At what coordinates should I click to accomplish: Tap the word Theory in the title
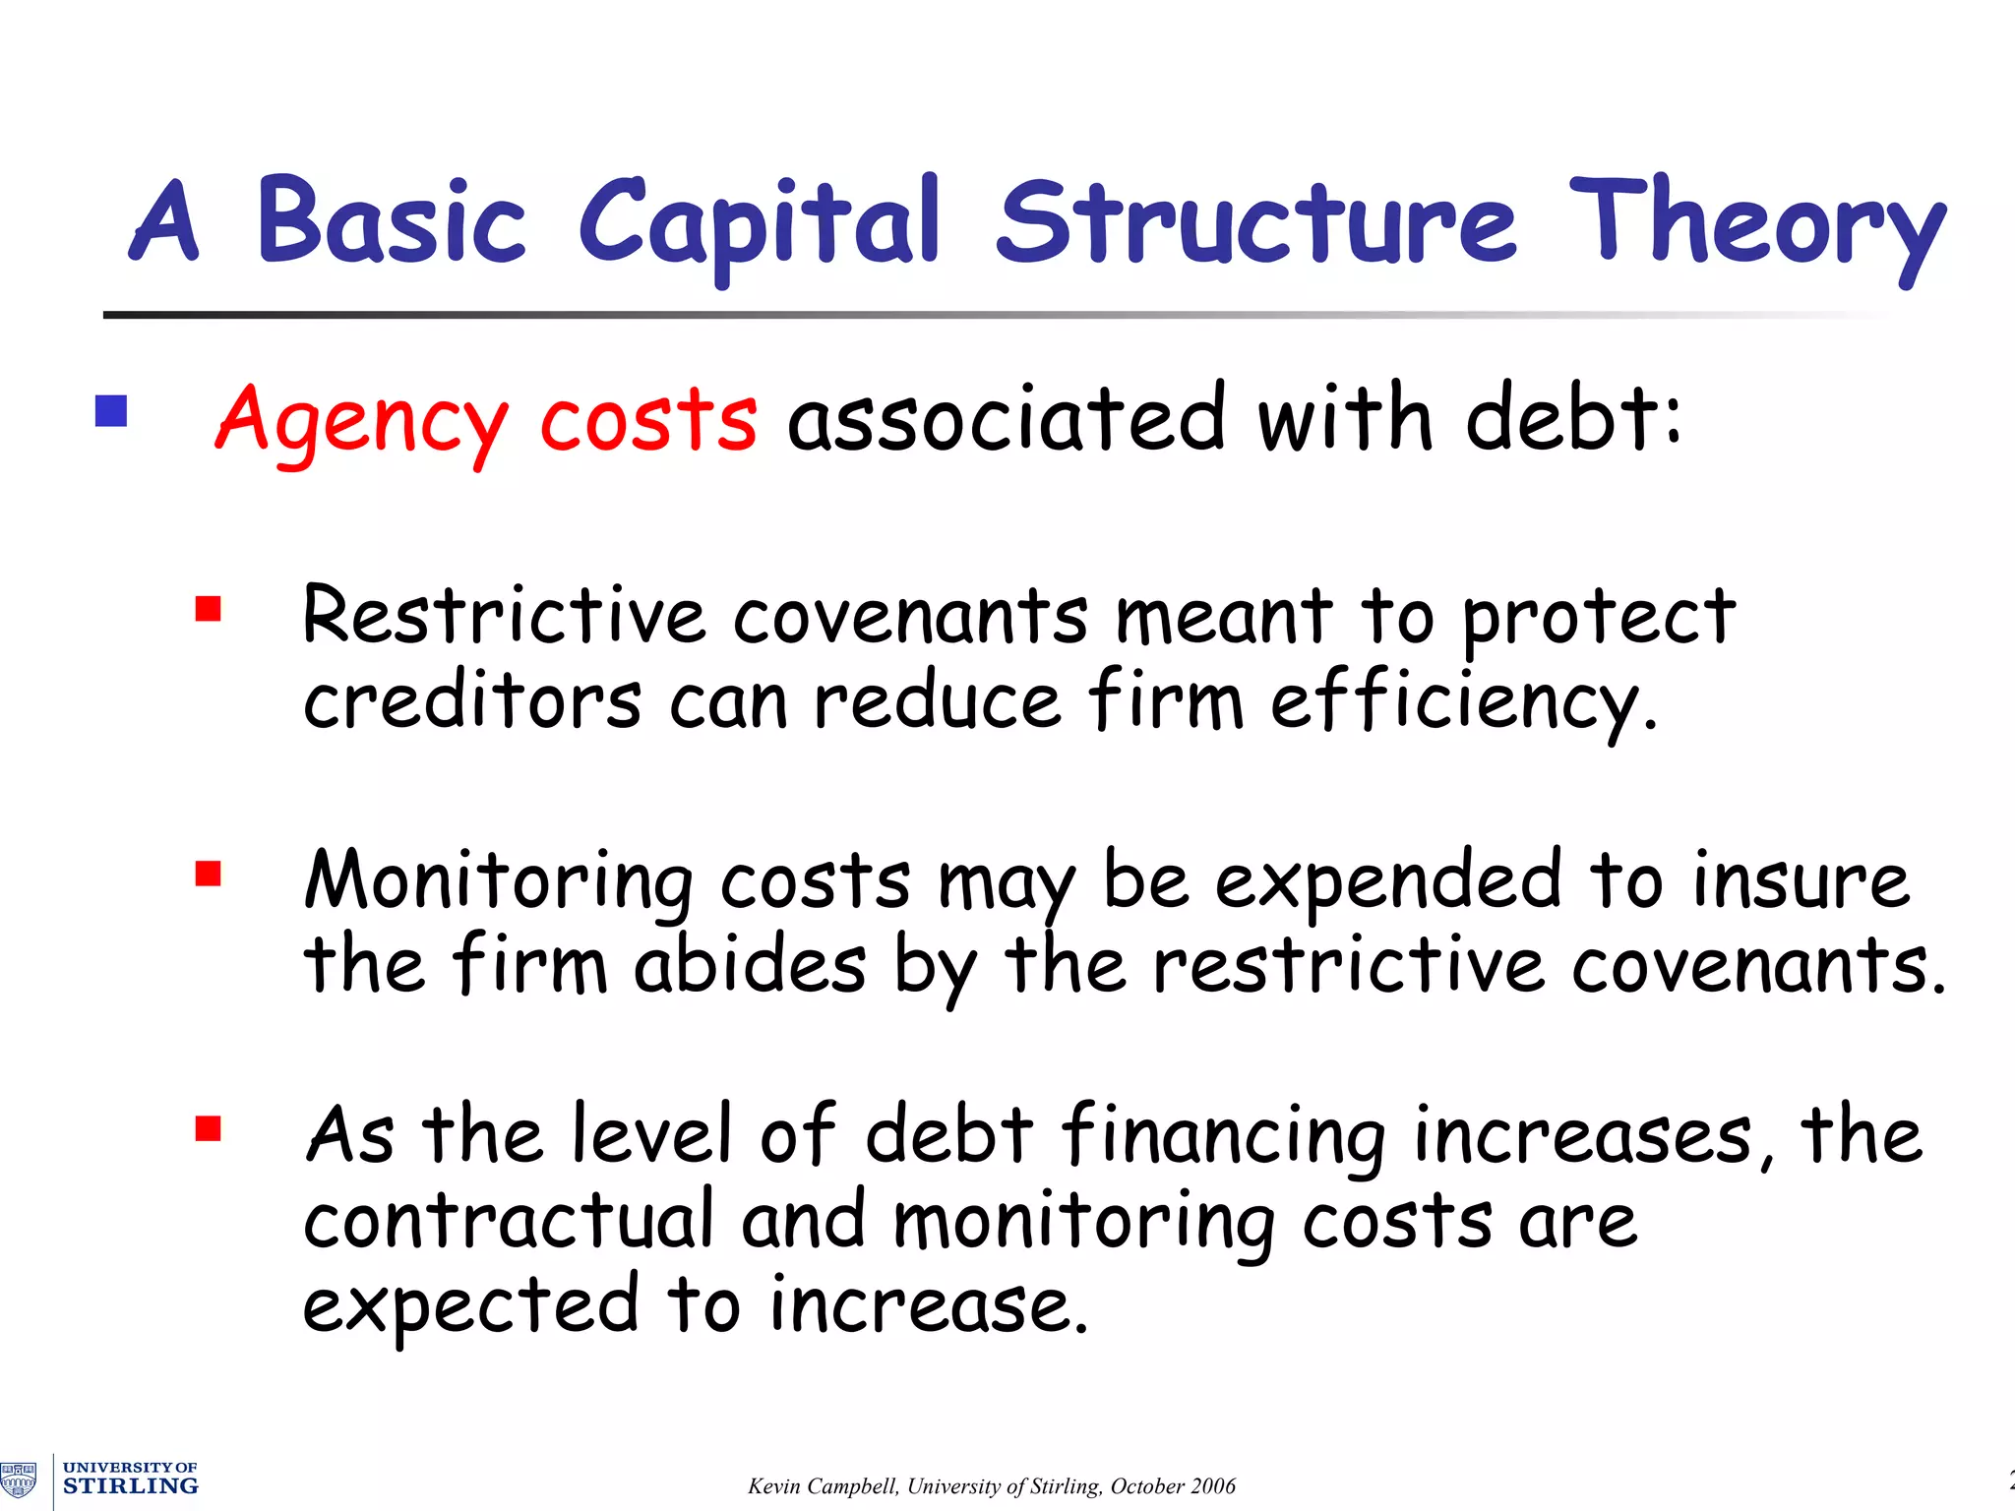1756,224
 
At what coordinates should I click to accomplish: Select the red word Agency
361,421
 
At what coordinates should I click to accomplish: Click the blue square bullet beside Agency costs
111,411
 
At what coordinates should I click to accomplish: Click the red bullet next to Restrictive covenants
208,610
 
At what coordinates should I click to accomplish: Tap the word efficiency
1463,701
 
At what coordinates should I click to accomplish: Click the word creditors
472,701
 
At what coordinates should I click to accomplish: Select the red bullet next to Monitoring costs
208,874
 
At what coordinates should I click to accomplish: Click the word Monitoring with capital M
499,880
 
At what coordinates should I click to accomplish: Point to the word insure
1801,880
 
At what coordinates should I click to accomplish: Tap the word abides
750,965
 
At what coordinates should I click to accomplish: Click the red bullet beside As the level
208,1127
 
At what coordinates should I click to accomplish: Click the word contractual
508,1221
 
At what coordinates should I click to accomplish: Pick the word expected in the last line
470,1306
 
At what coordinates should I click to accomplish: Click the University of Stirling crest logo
19,1480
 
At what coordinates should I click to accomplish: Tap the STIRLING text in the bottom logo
130,1485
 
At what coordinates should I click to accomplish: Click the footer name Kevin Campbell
823,1485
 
